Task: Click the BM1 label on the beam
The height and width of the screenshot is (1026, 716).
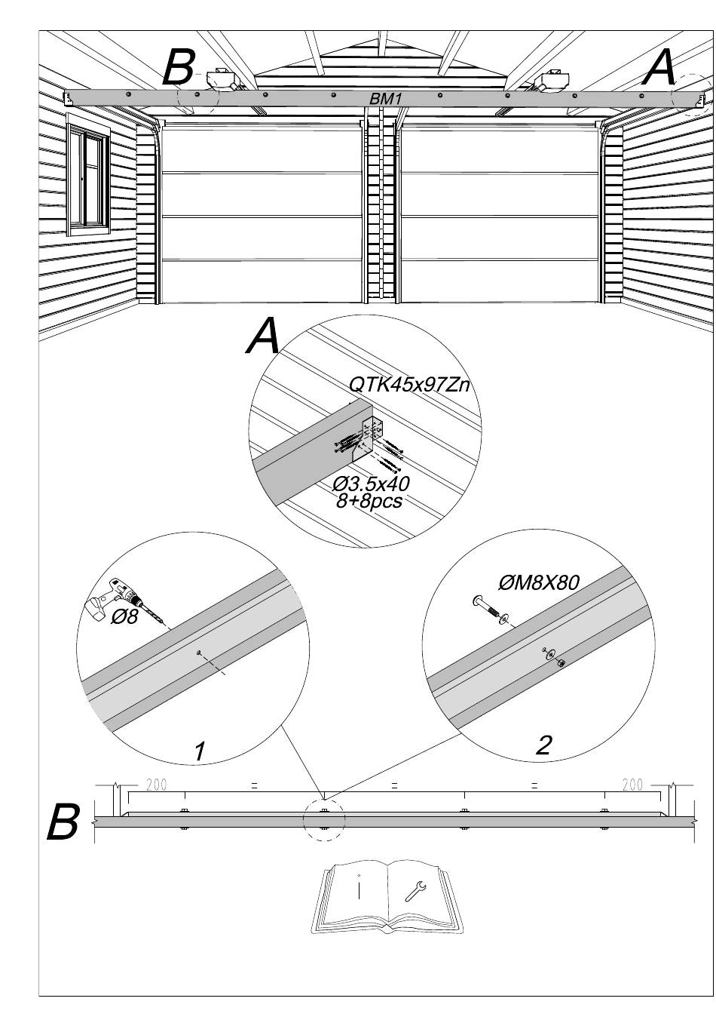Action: pyautogui.click(x=385, y=98)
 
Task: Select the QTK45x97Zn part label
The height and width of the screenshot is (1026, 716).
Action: pyautogui.click(x=408, y=385)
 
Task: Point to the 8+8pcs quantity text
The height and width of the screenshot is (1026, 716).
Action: pyautogui.click(x=369, y=500)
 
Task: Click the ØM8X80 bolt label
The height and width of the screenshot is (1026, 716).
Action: pyautogui.click(x=538, y=583)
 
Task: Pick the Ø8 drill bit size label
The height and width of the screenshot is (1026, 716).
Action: pyautogui.click(x=124, y=617)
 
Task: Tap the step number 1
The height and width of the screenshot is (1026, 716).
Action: pyautogui.click(x=200, y=751)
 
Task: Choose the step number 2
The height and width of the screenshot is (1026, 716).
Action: pyautogui.click(x=543, y=745)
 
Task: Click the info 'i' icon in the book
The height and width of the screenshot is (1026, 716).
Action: pyautogui.click(x=360, y=887)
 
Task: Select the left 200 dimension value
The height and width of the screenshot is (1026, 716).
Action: pyautogui.click(x=156, y=785)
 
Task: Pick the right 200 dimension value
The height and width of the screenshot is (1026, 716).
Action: pyautogui.click(x=632, y=785)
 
